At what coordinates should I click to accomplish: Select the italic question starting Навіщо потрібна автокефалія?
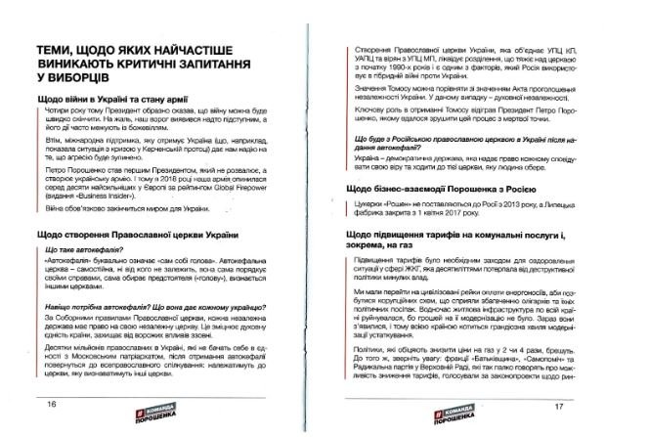(147, 308)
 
